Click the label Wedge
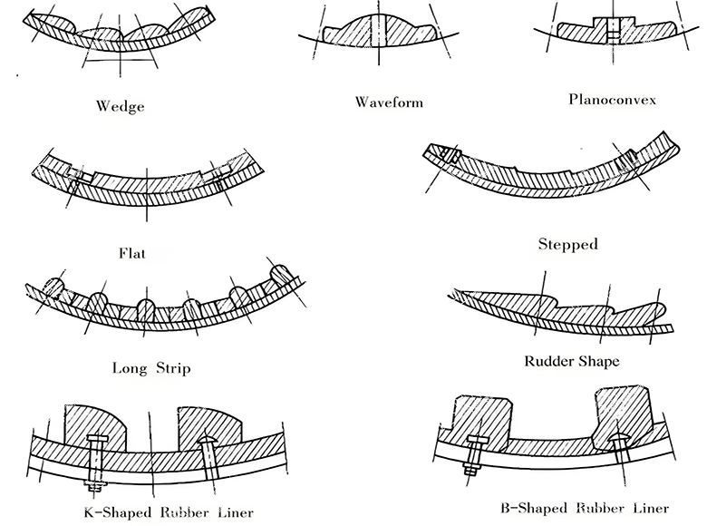[x=120, y=106]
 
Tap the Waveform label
[x=389, y=102]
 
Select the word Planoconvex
[x=613, y=98]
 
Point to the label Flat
[x=132, y=253]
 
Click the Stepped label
[x=567, y=244]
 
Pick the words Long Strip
[x=151, y=368]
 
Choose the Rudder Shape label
[x=572, y=361]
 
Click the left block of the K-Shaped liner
[x=96, y=424]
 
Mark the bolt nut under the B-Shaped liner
[x=470, y=471]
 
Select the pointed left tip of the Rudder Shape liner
[x=453, y=292]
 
